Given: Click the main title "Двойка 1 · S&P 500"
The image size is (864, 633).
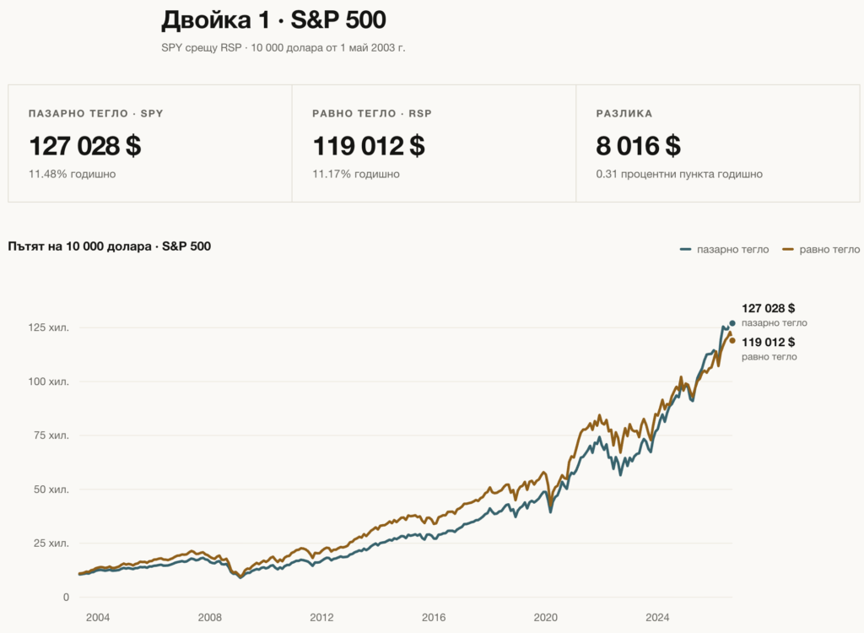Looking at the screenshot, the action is [273, 20].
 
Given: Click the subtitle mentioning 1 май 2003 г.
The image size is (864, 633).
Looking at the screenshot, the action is [283, 48].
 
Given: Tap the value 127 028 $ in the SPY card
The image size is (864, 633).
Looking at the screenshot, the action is [85, 146].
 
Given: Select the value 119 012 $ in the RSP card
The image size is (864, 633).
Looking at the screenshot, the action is [369, 146].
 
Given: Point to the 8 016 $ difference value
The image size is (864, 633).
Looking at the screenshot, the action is [638, 146].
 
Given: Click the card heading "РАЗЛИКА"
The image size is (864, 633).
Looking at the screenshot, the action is [624, 114].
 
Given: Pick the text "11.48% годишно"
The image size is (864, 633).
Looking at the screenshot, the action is [73, 174].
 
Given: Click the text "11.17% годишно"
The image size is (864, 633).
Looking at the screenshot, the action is [356, 174].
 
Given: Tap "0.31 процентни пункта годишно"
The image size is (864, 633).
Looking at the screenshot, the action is [679, 174].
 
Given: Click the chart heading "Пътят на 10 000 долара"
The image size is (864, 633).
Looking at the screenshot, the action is [79, 246].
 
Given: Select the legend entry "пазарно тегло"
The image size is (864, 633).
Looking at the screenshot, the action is [724, 250].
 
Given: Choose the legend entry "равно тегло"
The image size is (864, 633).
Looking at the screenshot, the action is [821, 250].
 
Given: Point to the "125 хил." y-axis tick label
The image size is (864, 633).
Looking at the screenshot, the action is [48, 327].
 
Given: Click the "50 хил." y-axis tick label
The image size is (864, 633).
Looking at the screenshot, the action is [51, 490].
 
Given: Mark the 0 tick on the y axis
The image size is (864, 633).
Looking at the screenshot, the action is [66, 598].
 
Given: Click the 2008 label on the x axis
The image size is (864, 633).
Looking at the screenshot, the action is [210, 618].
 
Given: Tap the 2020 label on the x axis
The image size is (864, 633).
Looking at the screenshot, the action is [546, 618].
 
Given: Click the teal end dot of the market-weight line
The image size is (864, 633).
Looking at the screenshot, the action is [732, 323].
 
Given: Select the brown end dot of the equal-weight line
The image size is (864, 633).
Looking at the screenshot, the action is [732, 341].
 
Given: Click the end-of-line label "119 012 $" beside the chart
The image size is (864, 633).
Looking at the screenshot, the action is [768, 343].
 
